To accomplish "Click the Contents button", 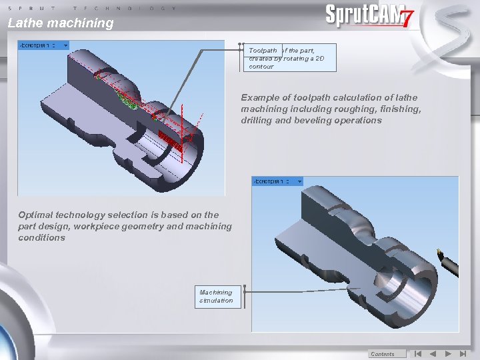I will click(x=383, y=354).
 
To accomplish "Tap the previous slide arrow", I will click(x=433, y=354).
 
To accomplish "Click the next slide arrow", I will click(x=448, y=354).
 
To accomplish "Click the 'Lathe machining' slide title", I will click(x=61, y=23).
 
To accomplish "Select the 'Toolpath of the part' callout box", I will click(x=289, y=58).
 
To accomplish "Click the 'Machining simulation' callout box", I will click(x=218, y=296).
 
